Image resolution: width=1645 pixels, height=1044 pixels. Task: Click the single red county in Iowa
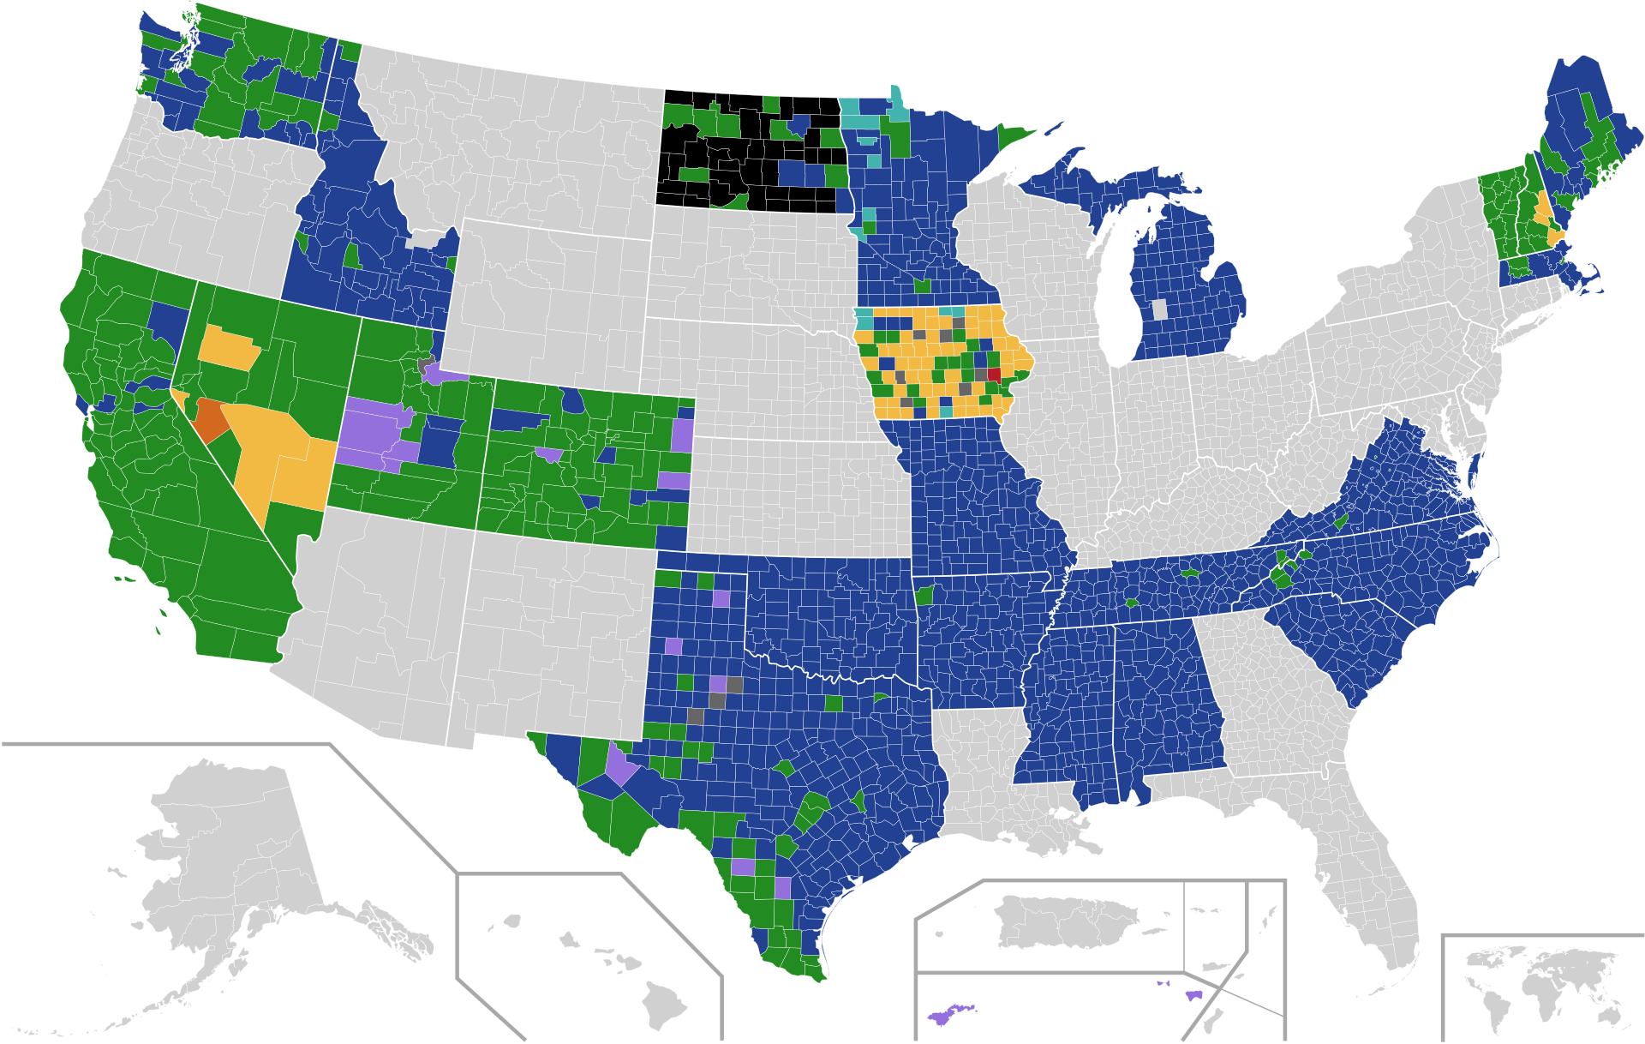[995, 374]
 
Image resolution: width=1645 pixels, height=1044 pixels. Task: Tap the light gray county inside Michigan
[1159, 309]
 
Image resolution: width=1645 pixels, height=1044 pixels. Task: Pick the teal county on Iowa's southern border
[945, 411]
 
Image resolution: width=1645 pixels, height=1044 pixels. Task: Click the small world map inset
[1542, 986]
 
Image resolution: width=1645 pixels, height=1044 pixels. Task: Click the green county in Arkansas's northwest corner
[924, 594]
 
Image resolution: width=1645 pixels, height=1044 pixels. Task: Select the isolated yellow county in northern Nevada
[229, 346]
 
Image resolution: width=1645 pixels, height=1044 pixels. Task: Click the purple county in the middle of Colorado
[549, 453]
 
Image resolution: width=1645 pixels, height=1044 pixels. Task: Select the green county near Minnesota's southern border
[923, 285]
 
